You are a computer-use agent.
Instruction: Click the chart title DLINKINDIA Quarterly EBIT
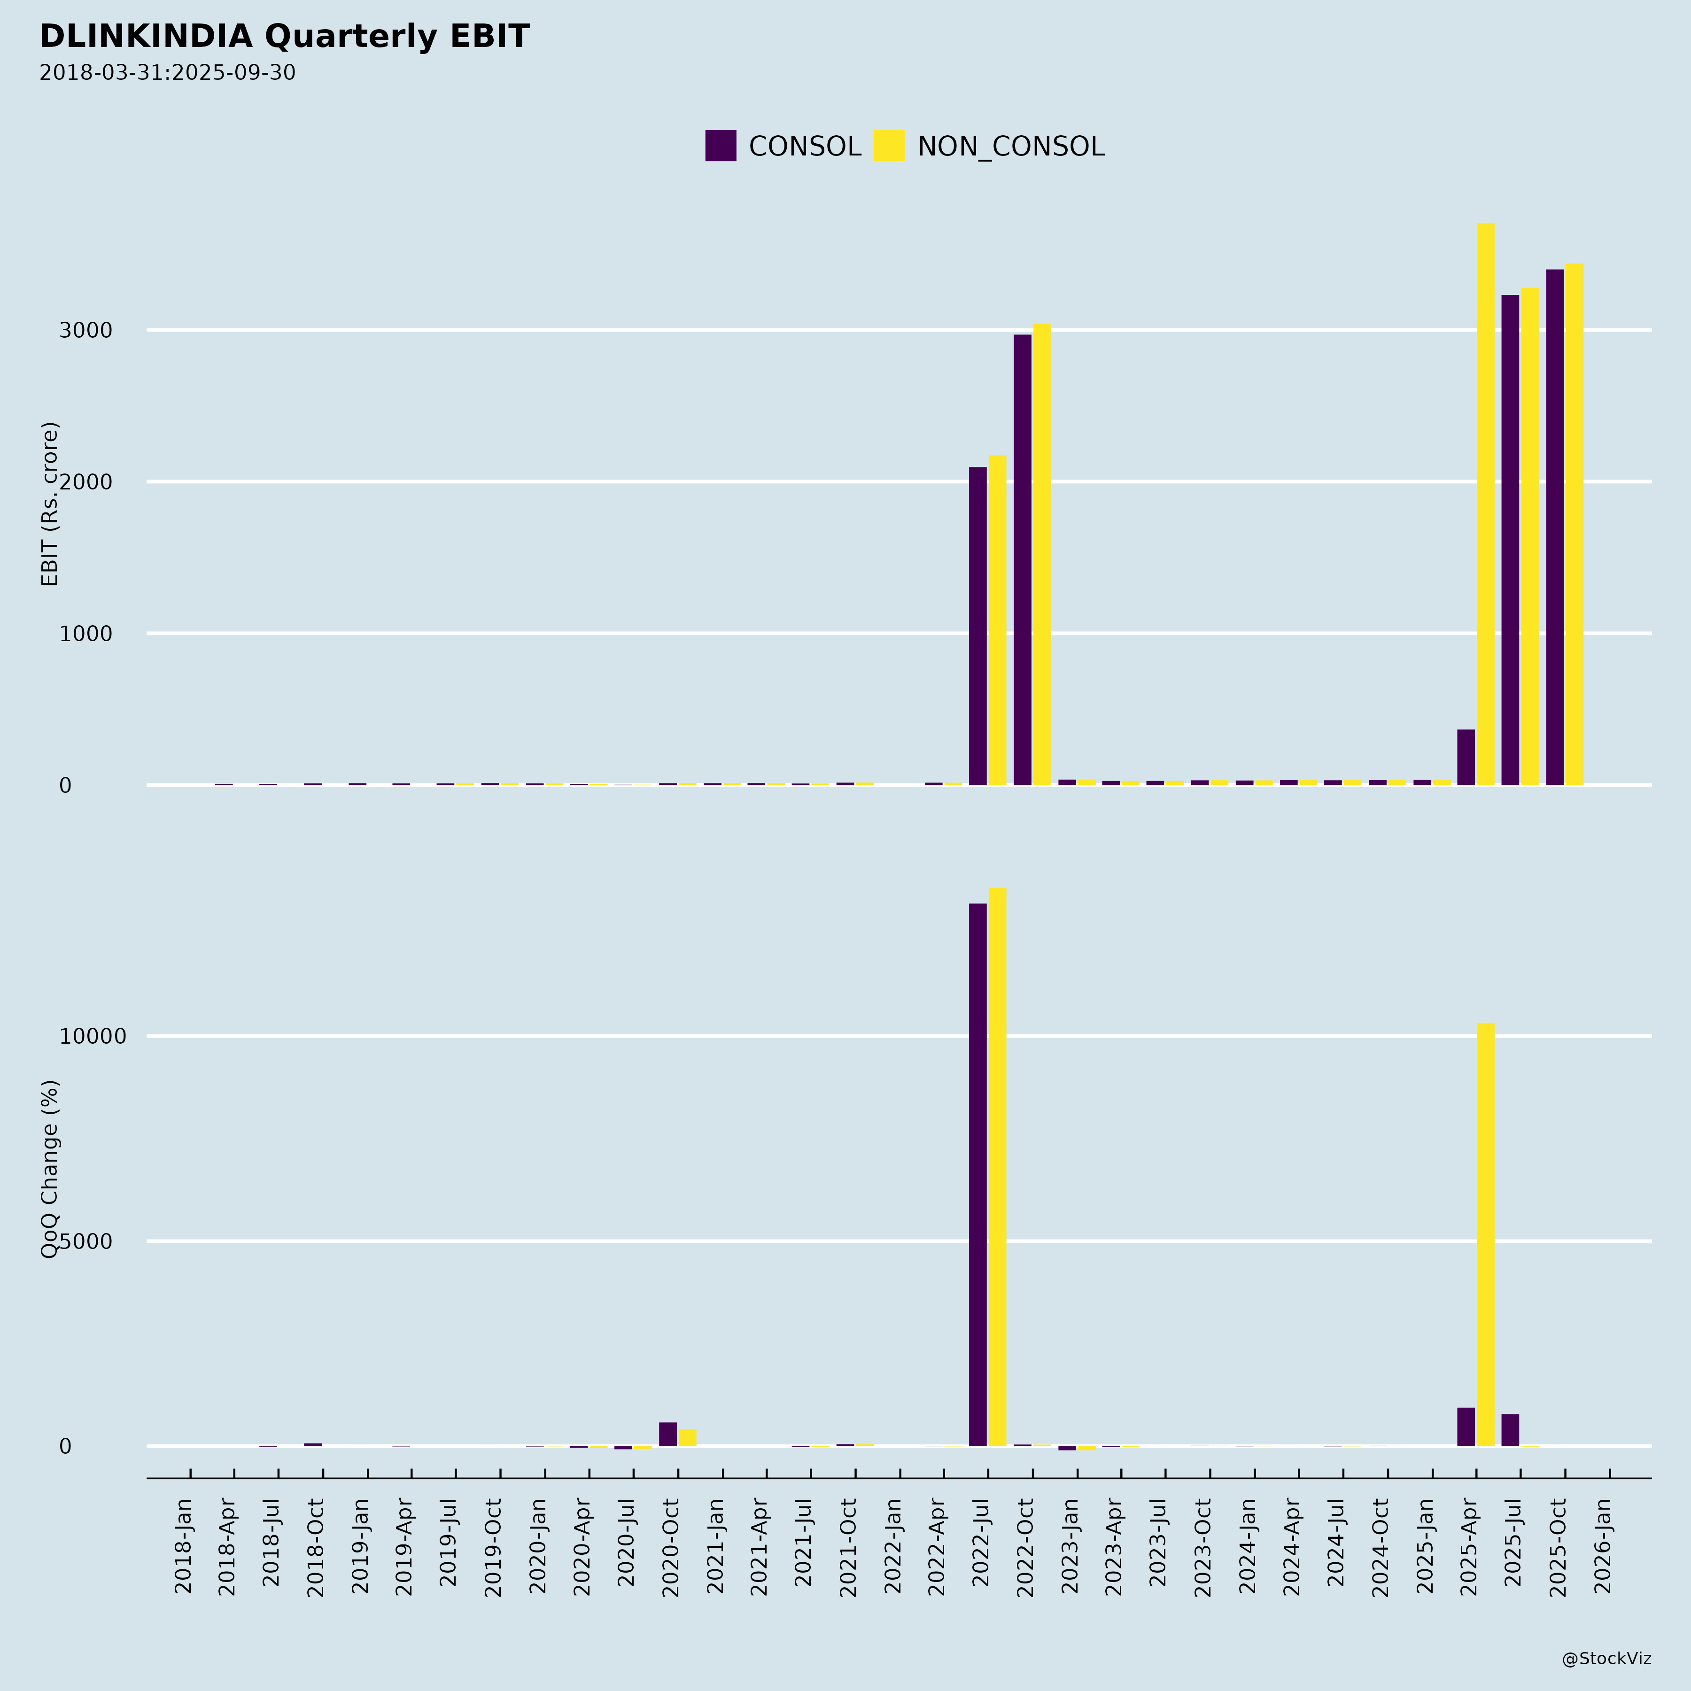(x=285, y=37)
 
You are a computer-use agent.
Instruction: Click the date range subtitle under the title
(x=167, y=73)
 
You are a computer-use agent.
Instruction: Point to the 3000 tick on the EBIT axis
(x=86, y=331)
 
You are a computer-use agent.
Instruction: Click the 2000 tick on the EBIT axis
(x=86, y=482)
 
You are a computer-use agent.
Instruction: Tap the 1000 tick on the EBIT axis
(x=86, y=634)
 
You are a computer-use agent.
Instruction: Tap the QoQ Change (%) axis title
(x=50, y=1169)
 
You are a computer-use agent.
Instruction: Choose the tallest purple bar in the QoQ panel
(x=977, y=1175)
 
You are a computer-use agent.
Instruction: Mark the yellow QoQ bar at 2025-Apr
(x=1485, y=1234)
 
